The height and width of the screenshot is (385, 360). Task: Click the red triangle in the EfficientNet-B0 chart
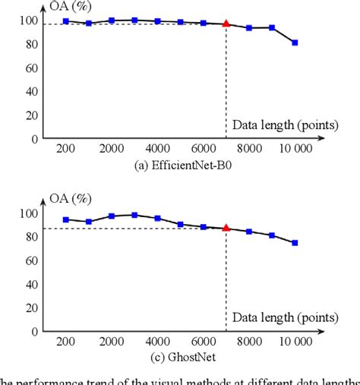click(226, 24)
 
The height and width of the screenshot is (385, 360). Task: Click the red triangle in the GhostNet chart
click(226, 227)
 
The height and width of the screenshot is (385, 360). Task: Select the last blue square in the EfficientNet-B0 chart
click(295, 43)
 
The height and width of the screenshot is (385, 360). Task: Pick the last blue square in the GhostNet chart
click(295, 243)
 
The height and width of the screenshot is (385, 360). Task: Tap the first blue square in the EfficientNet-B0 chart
click(66, 21)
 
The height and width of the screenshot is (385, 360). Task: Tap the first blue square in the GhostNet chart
click(66, 219)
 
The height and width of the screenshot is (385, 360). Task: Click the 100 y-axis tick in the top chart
click(27, 21)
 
